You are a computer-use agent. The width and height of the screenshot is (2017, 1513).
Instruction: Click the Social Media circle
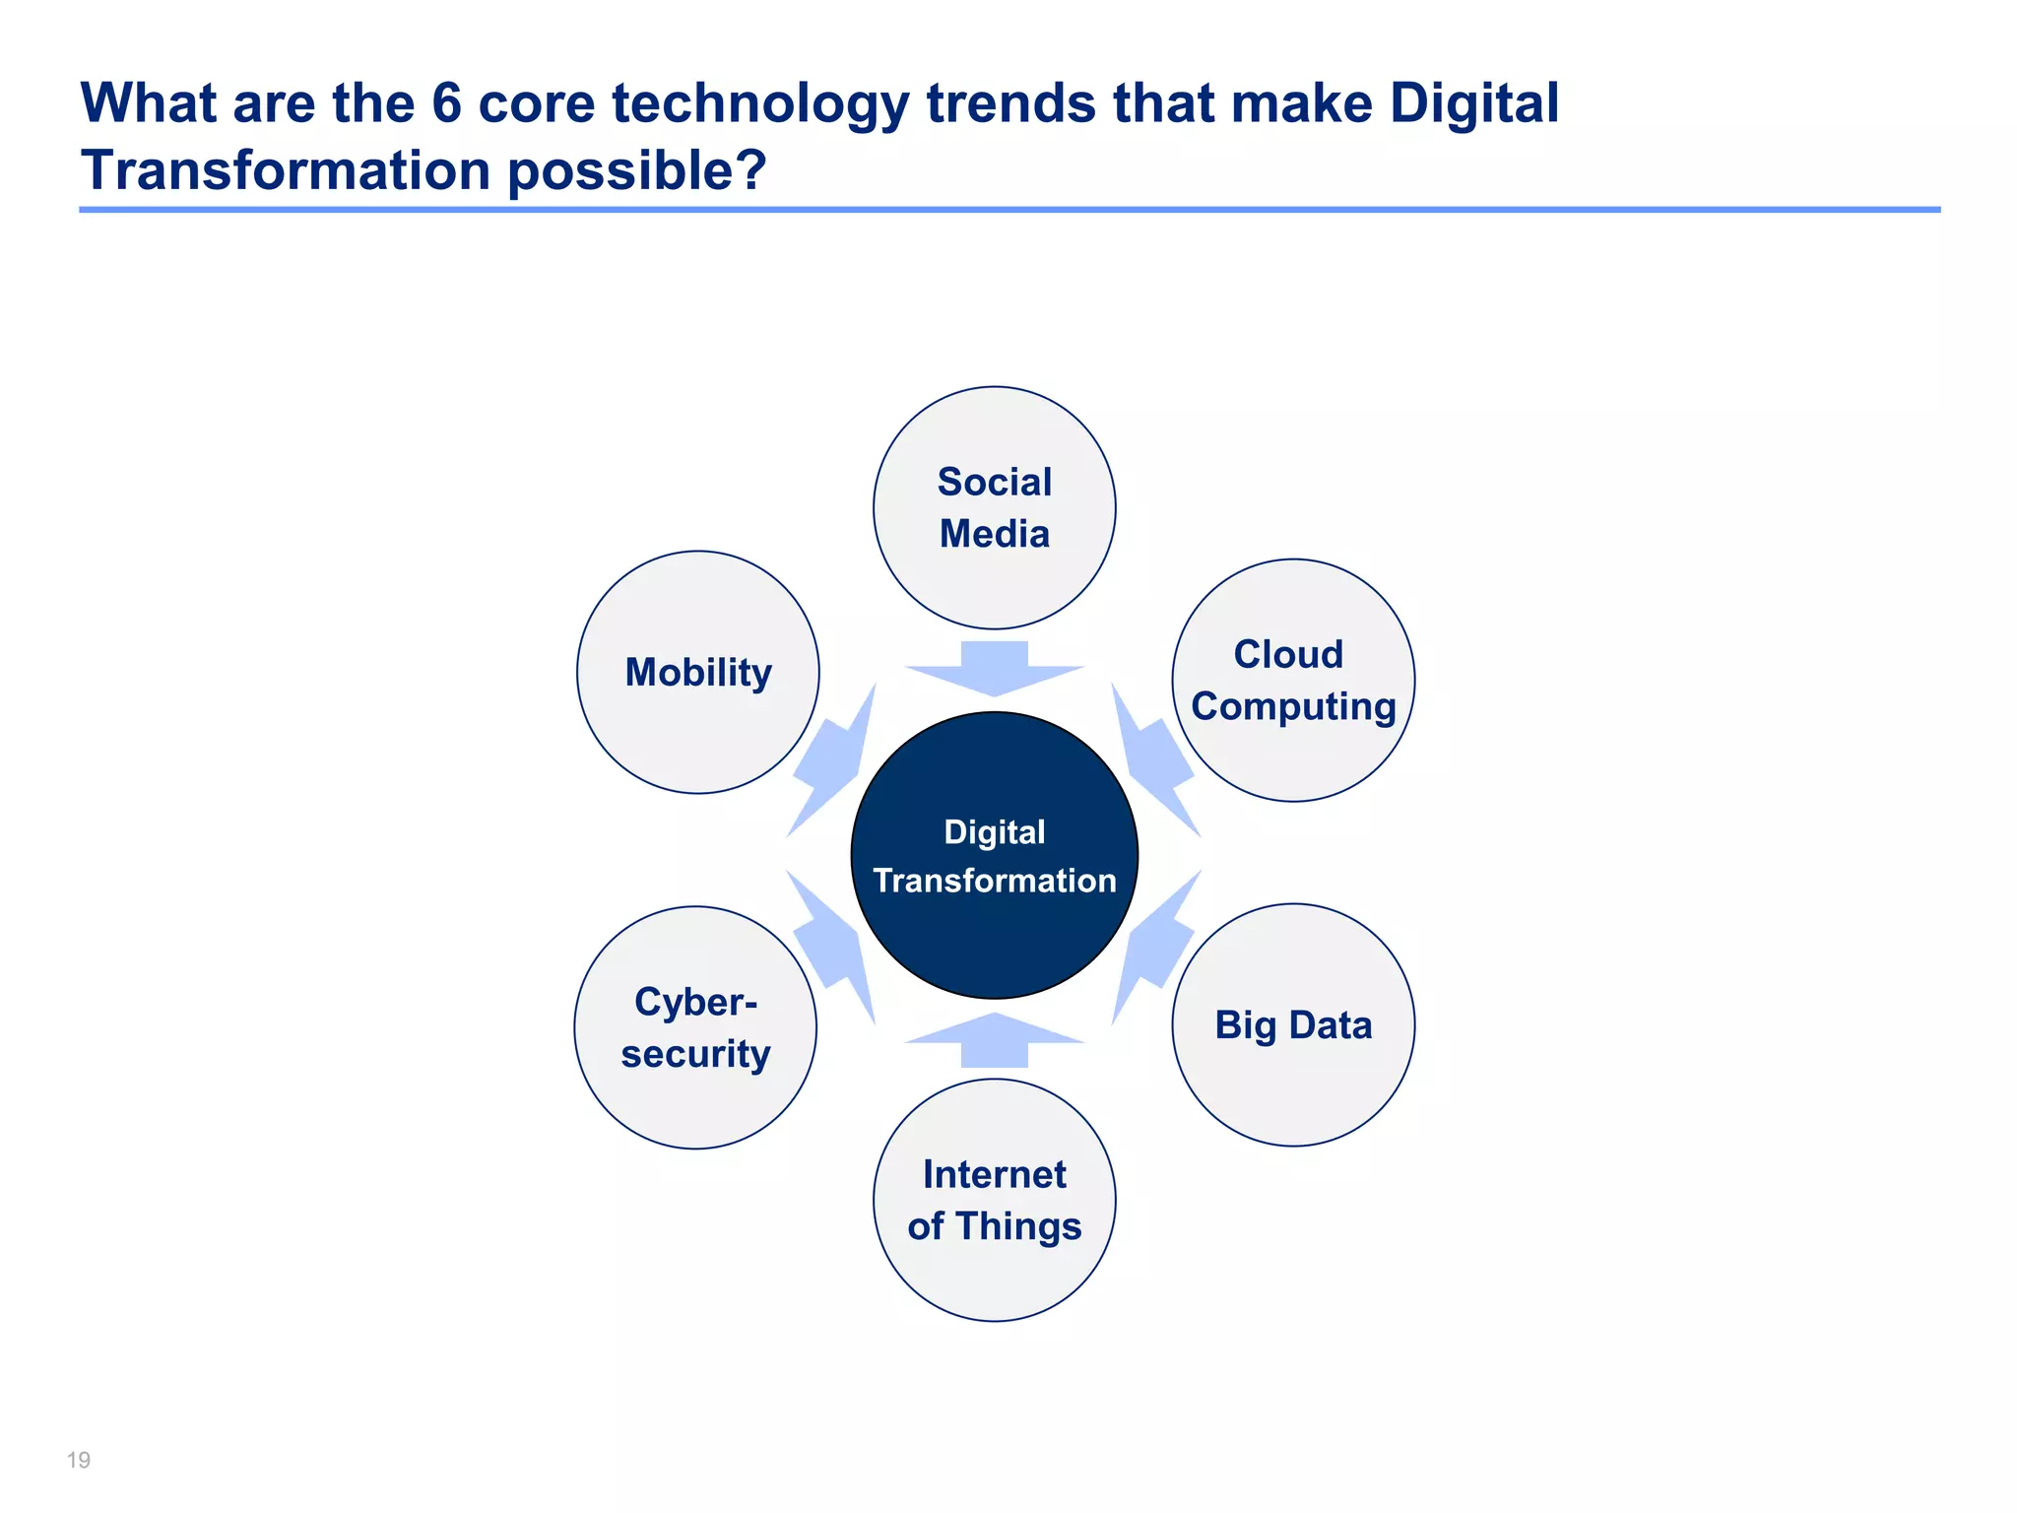(994, 507)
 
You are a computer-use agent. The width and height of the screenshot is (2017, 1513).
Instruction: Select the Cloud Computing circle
(1292, 680)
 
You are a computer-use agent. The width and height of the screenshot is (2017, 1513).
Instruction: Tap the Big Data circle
(1292, 1024)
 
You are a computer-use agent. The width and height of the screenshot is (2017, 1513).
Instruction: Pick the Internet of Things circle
(994, 1200)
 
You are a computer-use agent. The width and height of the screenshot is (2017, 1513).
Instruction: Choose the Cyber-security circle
(695, 1027)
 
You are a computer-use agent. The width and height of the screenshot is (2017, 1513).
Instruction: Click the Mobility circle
(697, 672)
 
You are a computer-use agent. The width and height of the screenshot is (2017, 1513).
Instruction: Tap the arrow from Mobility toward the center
(833, 763)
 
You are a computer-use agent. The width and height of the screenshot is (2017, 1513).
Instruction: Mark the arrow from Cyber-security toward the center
(833, 946)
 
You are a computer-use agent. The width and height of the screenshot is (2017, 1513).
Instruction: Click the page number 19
(79, 1460)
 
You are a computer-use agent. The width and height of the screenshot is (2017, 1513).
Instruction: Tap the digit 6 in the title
(446, 102)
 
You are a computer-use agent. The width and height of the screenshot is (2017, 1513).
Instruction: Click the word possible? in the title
(636, 171)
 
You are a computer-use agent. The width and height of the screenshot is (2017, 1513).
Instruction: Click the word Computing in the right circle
(1292, 707)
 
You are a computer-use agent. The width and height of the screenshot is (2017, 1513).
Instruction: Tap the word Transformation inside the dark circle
(994, 881)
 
